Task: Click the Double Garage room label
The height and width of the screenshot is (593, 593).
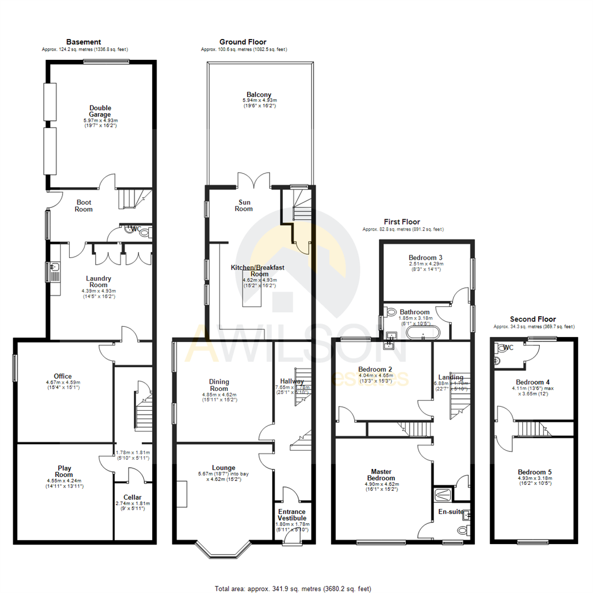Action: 100,111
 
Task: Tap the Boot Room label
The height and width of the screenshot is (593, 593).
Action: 84,206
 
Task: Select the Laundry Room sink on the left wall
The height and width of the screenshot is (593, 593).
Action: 55,270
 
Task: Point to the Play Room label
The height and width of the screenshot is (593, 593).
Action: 64,472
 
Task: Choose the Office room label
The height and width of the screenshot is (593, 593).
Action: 63,376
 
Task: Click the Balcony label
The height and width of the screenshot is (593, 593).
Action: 259,95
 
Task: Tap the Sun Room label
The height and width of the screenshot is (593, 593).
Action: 244,205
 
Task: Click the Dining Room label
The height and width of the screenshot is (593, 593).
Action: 219,385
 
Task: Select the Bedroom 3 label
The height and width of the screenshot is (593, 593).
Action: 426,258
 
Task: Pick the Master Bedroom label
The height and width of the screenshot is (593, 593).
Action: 381,475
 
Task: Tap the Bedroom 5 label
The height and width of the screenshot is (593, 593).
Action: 534,472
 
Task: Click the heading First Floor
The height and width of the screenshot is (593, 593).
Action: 402,222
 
